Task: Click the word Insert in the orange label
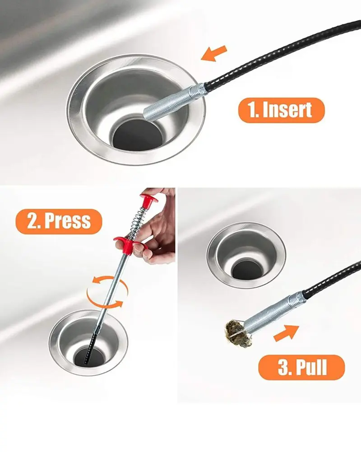pyautogui.click(x=287, y=110)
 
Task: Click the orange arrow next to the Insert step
pyautogui.click(x=214, y=53)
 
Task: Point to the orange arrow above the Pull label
pyautogui.click(x=286, y=333)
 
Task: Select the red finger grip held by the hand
pyautogui.click(x=129, y=244)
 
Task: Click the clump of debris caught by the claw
pyautogui.click(x=237, y=333)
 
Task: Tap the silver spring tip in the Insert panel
pyautogui.click(x=175, y=101)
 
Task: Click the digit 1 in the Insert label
pyautogui.click(x=252, y=110)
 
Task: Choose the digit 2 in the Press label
pyautogui.click(x=33, y=221)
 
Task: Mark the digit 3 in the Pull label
pyautogui.click(x=284, y=367)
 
